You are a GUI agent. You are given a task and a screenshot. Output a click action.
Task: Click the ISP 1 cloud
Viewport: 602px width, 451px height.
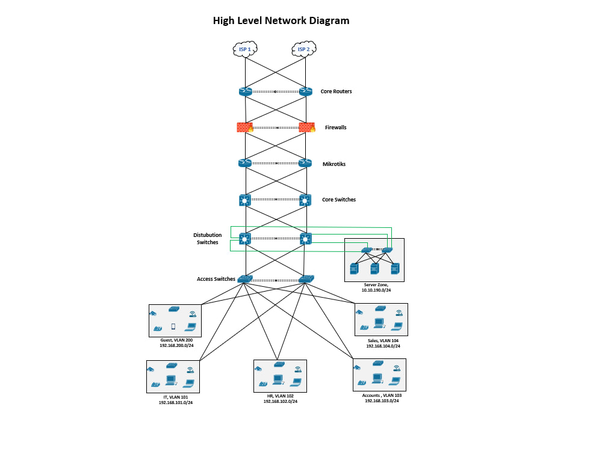tap(245, 49)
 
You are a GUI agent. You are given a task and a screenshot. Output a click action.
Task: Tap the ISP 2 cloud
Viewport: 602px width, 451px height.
tap(304, 49)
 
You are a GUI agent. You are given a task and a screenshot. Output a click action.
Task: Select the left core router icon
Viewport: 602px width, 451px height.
tap(245, 91)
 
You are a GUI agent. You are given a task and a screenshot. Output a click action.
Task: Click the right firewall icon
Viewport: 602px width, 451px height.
tap(306, 127)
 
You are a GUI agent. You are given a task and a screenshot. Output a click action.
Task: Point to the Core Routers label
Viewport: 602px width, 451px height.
tap(336, 91)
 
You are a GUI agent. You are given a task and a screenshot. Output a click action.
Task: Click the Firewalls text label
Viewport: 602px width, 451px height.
tap(335, 127)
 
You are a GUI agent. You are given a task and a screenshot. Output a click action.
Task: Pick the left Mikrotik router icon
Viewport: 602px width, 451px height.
tap(245, 163)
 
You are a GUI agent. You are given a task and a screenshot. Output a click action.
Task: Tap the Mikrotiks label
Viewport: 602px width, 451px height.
tap(334, 164)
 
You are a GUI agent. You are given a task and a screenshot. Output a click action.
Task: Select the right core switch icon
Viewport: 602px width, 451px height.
tap(305, 200)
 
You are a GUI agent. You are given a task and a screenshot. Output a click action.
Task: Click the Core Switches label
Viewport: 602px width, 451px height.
tap(338, 200)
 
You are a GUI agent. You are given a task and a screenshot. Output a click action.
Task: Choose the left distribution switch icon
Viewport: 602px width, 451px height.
tap(245, 239)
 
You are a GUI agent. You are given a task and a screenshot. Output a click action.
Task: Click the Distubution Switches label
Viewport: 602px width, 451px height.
tap(207, 239)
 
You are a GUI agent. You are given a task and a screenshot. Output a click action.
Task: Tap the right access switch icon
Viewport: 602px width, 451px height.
tap(306, 279)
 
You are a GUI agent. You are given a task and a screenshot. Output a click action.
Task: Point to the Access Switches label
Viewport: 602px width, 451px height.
tap(216, 279)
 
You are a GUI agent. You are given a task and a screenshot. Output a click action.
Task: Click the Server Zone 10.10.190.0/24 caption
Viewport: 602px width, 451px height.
tap(376, 287)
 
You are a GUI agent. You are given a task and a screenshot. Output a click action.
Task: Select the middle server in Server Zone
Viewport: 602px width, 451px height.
tap(374, 269)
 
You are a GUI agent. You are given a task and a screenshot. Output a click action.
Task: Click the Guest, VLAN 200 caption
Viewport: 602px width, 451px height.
tap(176, 343)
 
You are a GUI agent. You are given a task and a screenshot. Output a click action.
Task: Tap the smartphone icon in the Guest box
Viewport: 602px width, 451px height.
tap(173, 327)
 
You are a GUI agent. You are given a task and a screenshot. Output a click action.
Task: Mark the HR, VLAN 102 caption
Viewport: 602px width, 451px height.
tap(280, 398)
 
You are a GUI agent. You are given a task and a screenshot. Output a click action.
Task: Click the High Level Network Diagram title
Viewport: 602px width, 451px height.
tap(281, 20)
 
